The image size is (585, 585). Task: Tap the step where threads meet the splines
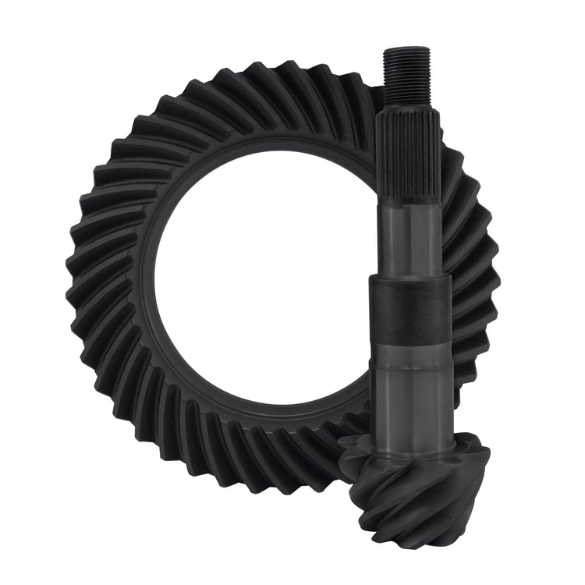tap(405, 108)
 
